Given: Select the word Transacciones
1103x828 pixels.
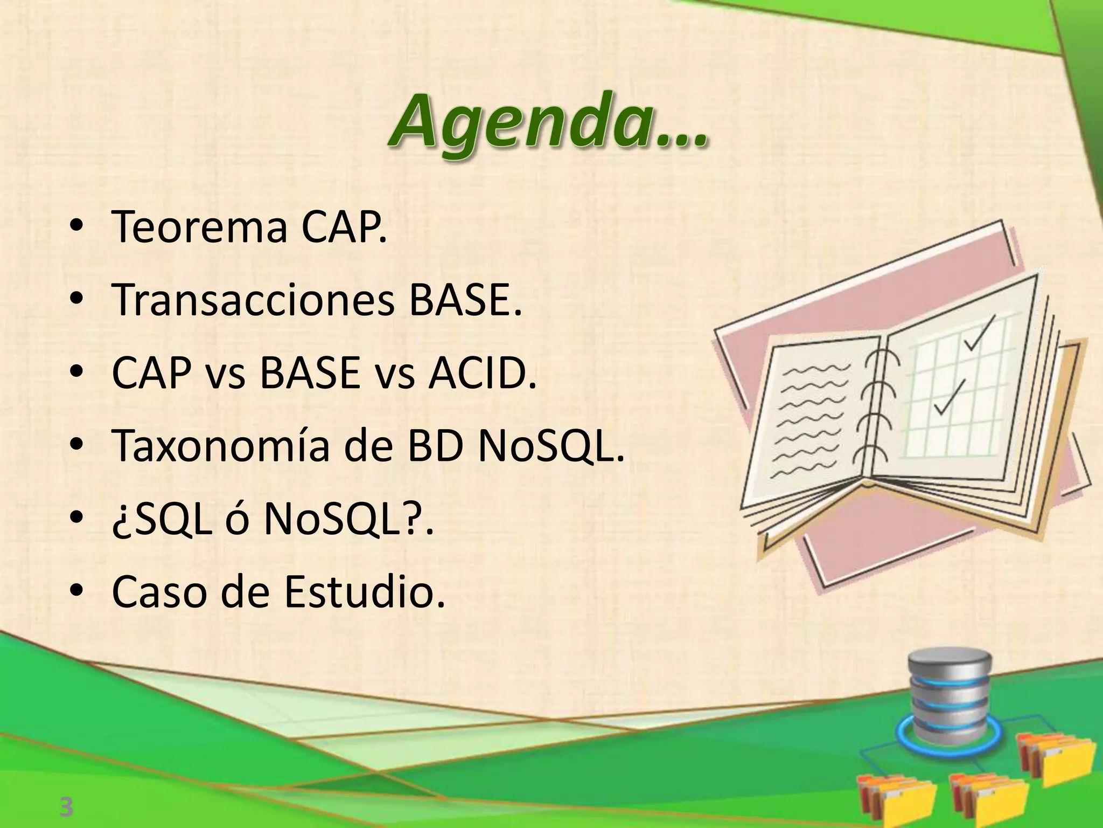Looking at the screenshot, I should tap(253, 301).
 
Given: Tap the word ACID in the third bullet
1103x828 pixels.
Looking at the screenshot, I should tap(482, 374).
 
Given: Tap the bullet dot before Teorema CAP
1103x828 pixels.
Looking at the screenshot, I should tap(77, 227).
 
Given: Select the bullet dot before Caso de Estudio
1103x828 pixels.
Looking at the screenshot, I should tap(77, 592).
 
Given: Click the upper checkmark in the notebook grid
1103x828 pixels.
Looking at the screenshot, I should tap(979, 334).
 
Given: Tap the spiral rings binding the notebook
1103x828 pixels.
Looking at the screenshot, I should tap(874, 410).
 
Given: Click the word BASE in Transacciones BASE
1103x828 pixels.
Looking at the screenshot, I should tap(465, 301).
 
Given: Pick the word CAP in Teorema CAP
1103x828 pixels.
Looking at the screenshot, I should tap(342, 227).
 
